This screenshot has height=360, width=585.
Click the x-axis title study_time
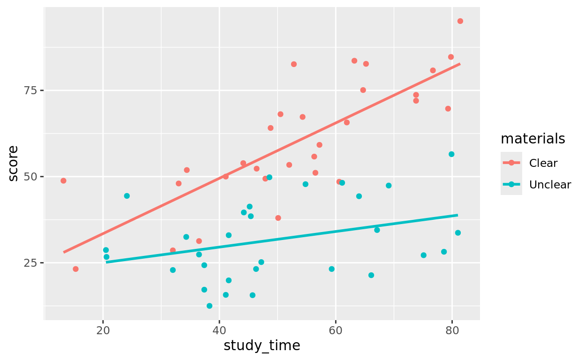(262, 346)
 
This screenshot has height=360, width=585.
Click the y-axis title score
(14, 163)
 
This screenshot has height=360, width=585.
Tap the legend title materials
(532, 139)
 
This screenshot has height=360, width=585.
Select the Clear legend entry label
(543, 163)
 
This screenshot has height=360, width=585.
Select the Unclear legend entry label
(550, 185)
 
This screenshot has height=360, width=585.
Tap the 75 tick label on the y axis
(31, 90)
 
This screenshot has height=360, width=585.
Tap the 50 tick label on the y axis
(31, 177)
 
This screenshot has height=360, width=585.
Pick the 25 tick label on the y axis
(31, 263)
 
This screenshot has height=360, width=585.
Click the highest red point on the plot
(460, 21)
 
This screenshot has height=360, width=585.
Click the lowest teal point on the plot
(209, 306)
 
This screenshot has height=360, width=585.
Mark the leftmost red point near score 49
(63, 181)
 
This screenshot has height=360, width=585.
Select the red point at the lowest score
(75, 269)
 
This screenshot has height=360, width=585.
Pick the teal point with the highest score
(451, 154)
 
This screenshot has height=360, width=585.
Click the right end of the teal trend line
(457, 215)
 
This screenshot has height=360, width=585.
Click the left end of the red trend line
(63, 252)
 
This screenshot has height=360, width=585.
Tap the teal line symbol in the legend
(511, 185)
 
